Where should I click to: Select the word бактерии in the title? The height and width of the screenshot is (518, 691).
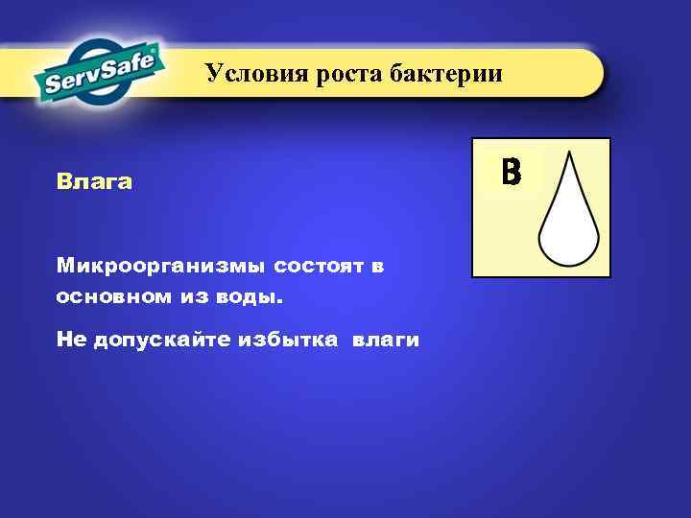(x=445, y=74)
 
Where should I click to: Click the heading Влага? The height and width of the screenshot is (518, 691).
(x=93, y=181)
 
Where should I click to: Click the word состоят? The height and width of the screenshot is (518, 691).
(x=315, y=265)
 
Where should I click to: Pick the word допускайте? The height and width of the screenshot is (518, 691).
(x=157, y=341)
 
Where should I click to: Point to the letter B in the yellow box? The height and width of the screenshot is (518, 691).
(x=511, y=172)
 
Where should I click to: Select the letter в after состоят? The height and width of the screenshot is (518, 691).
(x=377, y=265)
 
